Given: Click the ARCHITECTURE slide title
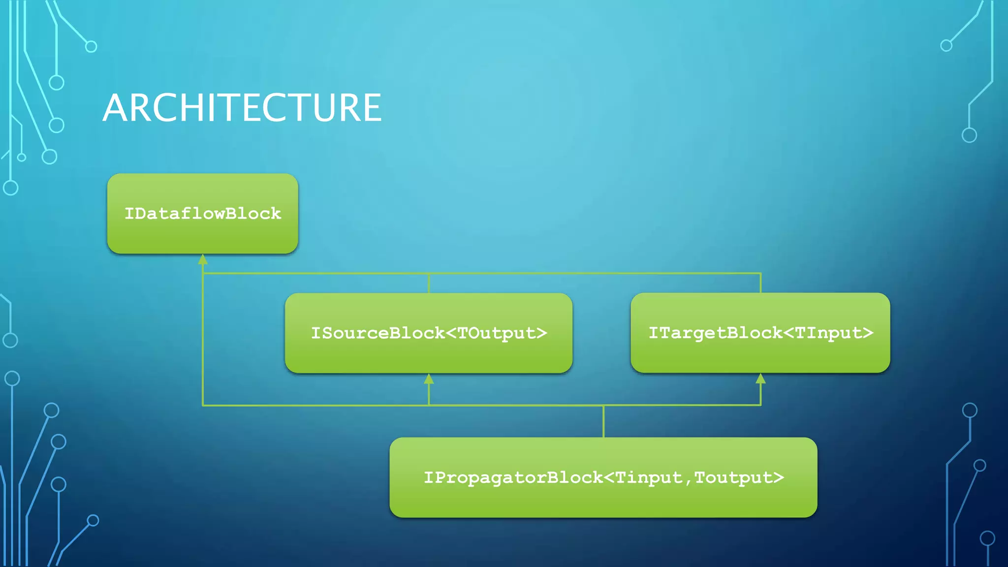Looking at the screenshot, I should [242, 108].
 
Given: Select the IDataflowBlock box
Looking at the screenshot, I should [202, 214].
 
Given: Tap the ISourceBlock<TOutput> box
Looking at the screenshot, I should [428, 333].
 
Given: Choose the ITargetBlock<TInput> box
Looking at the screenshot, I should [760, 333].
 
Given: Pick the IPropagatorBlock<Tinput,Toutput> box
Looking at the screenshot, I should [603, 477].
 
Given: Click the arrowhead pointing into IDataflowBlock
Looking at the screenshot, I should [203, 259].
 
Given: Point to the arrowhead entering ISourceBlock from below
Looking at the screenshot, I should [429, 378].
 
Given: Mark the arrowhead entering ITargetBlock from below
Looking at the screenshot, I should [760, 378].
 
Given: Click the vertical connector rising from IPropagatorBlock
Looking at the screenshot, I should [603, 421].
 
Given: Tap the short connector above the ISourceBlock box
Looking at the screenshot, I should [429, 283].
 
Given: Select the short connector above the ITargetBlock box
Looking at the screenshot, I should [760, 283].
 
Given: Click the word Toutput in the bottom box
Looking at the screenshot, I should [733, 478].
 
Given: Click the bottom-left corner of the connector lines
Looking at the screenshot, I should [203, 405].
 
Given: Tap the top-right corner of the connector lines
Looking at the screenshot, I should [760, 273].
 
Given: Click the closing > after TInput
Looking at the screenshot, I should [868, 333].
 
